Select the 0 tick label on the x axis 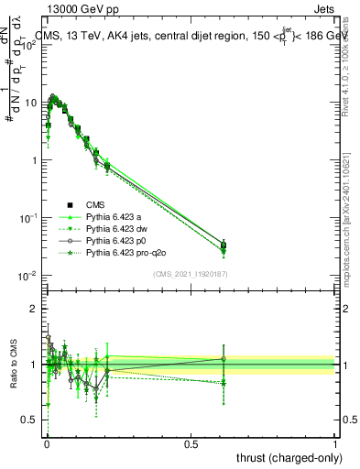pyautogui.click(x=47, y=442)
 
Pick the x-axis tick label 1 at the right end pyautogui.click(x=334, y=442)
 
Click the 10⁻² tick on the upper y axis pyautogui.click(x=32, y=276)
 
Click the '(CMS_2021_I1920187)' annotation pyautogui.click(x=191, y=274)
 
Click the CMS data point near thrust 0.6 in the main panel pyautogui.click(x=224, y=245)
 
